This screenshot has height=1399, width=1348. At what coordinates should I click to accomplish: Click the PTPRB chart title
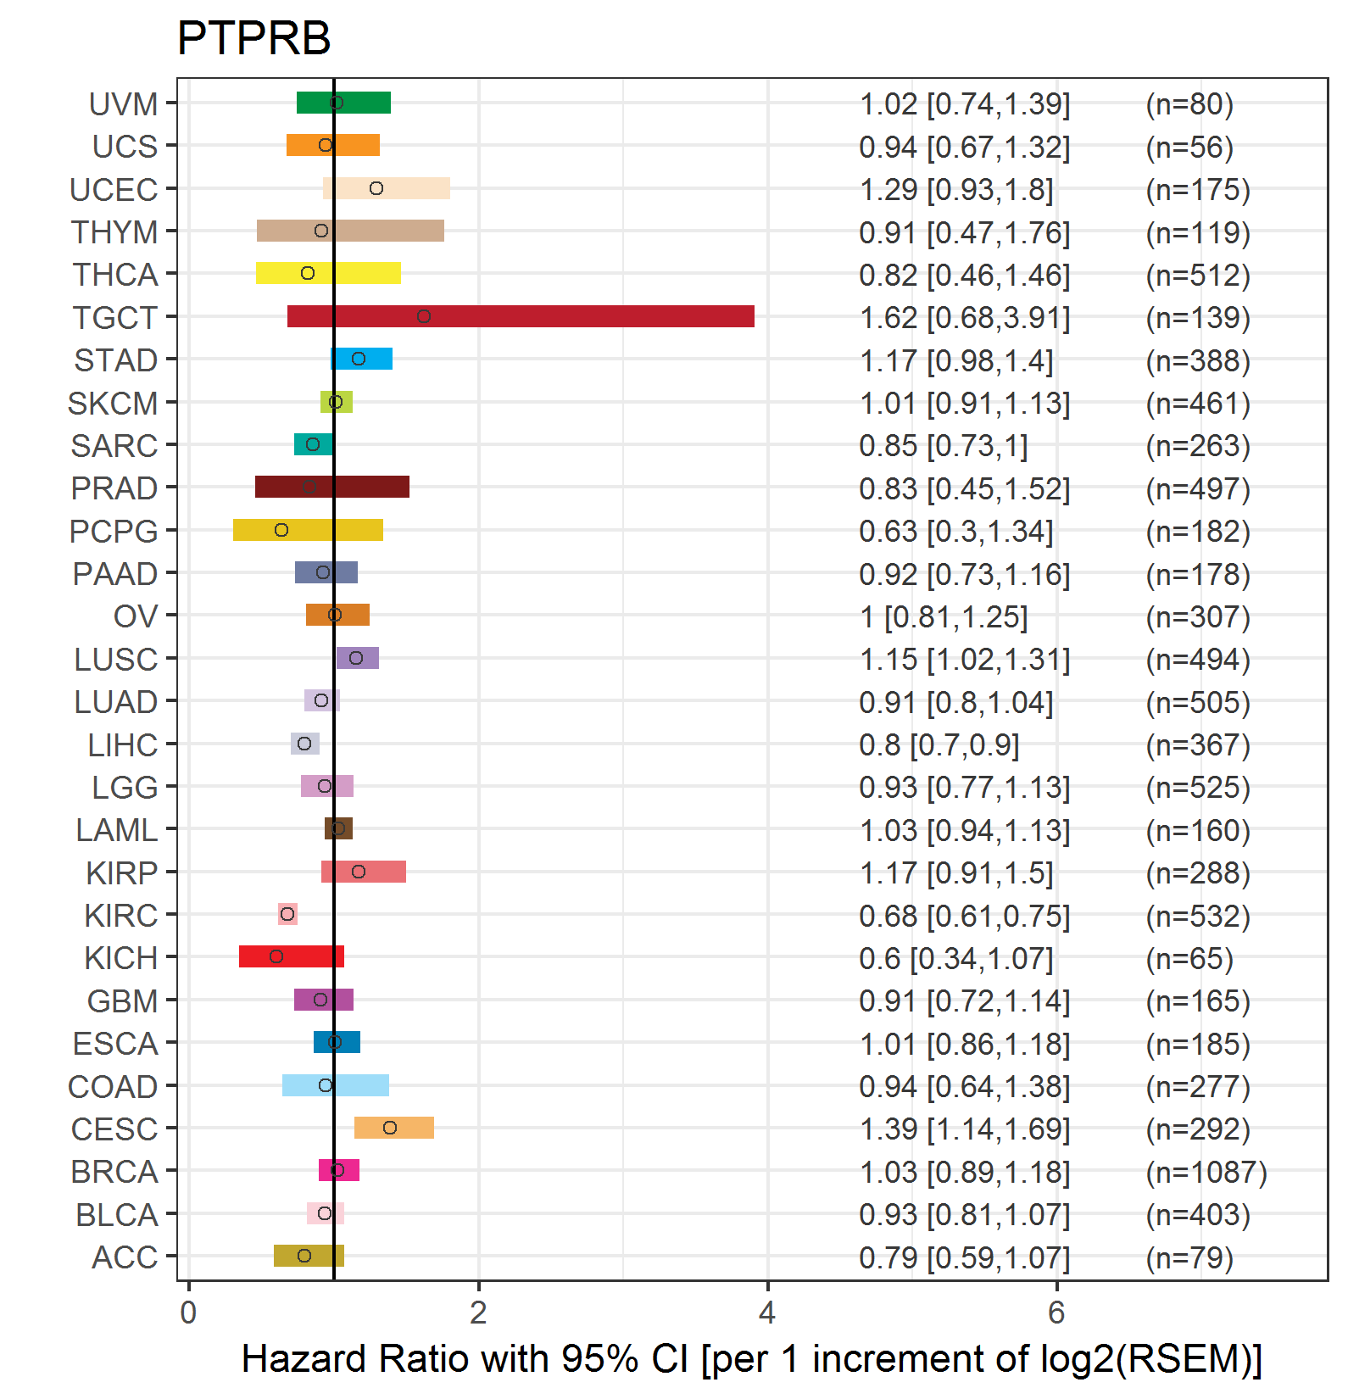point(253,38)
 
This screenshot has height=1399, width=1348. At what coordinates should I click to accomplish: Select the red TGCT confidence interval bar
point(521,316)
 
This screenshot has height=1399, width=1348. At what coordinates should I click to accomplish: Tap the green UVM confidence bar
point(343,103)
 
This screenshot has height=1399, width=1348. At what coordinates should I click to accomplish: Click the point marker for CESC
point(390,1128)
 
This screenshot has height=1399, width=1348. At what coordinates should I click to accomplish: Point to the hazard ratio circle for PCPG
point(281,530)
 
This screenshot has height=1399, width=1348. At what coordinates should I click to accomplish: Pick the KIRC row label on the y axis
point(121,916)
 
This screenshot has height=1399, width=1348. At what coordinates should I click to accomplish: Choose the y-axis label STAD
point(116,360)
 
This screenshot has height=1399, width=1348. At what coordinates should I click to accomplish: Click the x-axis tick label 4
point(767,1313)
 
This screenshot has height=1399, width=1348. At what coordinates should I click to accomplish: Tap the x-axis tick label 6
point(1056,1313)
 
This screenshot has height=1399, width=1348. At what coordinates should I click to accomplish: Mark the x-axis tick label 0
point(188,1313)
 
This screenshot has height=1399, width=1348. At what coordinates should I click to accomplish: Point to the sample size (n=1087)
point(1206,1172)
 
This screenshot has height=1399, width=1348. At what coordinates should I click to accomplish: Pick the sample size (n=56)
point(1189,148)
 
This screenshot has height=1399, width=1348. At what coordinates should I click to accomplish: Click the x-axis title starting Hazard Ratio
point(751,1359)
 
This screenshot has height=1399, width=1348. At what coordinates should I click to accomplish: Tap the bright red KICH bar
point(291,956)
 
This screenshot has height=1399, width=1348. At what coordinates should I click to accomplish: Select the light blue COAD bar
point(336,1085)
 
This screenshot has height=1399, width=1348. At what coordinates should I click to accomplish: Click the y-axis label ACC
point(125,1257)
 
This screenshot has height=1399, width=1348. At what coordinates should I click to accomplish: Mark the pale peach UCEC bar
point(387,188)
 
